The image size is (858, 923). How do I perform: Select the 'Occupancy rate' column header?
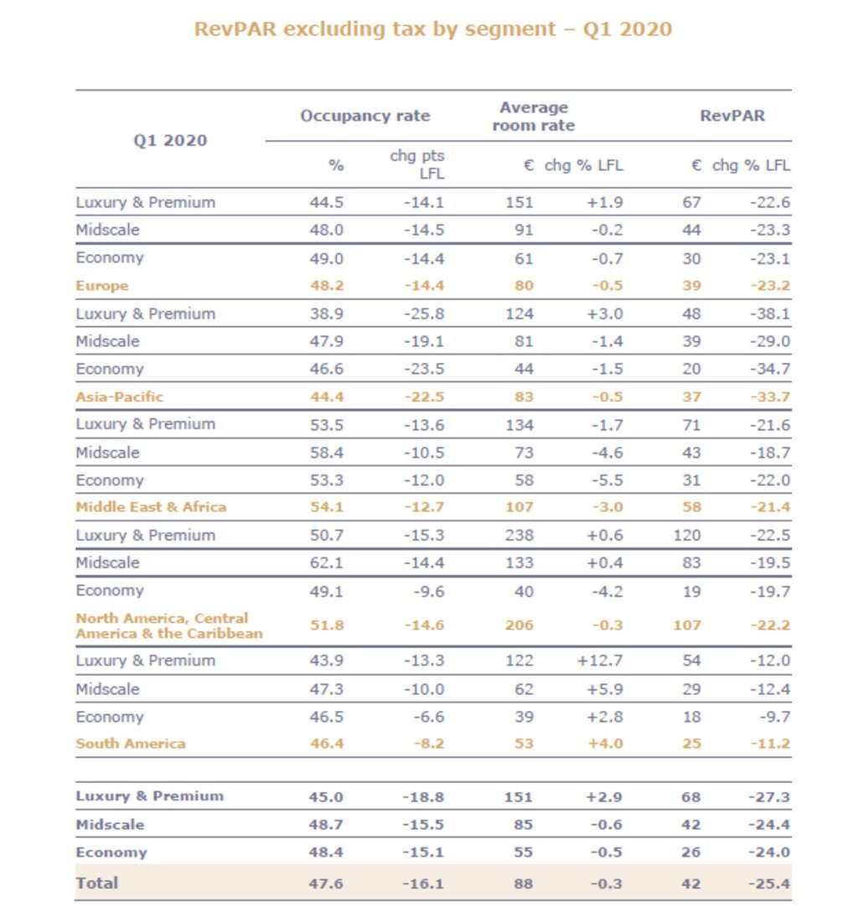pyautogui.click(x=364, y=116)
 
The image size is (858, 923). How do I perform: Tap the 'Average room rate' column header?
pyautogui.click(x=533, y=117)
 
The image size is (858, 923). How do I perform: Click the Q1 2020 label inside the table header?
pyautogui.click(x=170, y=140)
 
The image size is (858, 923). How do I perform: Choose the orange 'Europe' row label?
pyautogui.click(x=101, y=285)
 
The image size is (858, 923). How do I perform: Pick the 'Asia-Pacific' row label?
pyautogui.click(x=119, y=397)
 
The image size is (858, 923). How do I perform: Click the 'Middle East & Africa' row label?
pyautogui.click(x=151, y=507)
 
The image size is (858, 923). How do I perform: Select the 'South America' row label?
pyautogui.click(x=130, y=744)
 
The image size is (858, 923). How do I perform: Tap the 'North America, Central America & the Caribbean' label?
pyautogui.click(x=168, y=625)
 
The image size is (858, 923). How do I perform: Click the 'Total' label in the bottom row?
pyautogui.click(x=97, y=883)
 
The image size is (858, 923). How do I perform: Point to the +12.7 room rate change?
pyautogui.click(x=599, y=661)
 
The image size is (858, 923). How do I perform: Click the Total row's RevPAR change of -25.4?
pyautogui.click(x=768, y=884)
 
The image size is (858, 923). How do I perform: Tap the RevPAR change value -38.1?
pyautogui.click(x=768, y=314)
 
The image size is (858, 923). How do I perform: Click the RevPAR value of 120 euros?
pyautogui.click(x=687, y=536)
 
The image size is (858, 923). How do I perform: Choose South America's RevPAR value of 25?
pyautogui.click(x=692, y=744)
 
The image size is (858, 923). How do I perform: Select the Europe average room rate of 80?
pyautogui.click(x=523, y=285)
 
